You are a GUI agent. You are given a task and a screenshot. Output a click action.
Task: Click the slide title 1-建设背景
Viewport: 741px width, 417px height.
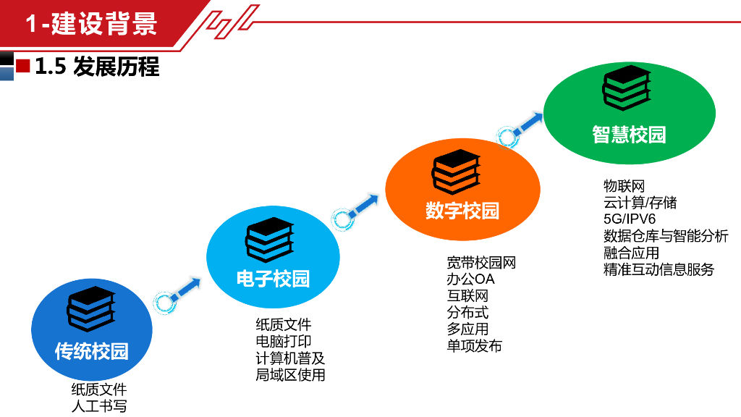click(x=91, y=24)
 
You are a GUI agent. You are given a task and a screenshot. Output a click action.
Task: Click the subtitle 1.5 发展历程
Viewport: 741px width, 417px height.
click(x=96, y=67)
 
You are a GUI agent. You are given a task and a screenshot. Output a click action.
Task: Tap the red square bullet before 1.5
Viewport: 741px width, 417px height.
click(x=23, y=67)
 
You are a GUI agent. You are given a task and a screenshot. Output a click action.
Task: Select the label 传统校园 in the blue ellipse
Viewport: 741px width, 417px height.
click(x=92, y=351)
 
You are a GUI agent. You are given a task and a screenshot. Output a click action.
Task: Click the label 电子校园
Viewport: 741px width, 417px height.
click(x=273, y=279)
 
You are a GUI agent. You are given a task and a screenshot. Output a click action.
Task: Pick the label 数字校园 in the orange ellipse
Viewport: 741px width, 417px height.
click(x=462, y=211)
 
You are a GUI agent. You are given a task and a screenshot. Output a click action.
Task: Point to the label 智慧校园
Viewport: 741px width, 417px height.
click(x=629, y=135)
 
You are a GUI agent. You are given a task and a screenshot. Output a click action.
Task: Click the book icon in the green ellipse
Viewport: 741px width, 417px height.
click(x=627, y=88)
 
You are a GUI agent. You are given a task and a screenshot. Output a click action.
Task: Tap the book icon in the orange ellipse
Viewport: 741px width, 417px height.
click(x=456, y=172)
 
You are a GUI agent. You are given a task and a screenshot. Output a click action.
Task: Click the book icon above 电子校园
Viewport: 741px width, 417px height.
click(x=269, y=239)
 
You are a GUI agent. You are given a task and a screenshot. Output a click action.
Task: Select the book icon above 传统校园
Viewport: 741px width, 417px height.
click(x=91, y=309)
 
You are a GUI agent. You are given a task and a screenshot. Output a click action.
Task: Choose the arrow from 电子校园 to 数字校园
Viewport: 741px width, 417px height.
click(x=355, y=211)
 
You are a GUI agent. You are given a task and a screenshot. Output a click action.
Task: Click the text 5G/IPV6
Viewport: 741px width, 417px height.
click(x=630, y=219)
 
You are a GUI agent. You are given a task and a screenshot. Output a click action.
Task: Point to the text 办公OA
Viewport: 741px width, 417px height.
click(x=470, y=279)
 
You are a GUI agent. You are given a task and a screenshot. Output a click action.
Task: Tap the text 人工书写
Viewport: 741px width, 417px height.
click(x=98, y=406)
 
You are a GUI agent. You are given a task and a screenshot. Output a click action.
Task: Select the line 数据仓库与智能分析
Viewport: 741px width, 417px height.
click(x=666, y=236)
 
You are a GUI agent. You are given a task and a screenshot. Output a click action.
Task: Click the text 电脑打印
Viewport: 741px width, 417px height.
click(x=284, y=342)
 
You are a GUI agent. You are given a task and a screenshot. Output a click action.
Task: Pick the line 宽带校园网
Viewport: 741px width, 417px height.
click(x=481, y=262)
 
